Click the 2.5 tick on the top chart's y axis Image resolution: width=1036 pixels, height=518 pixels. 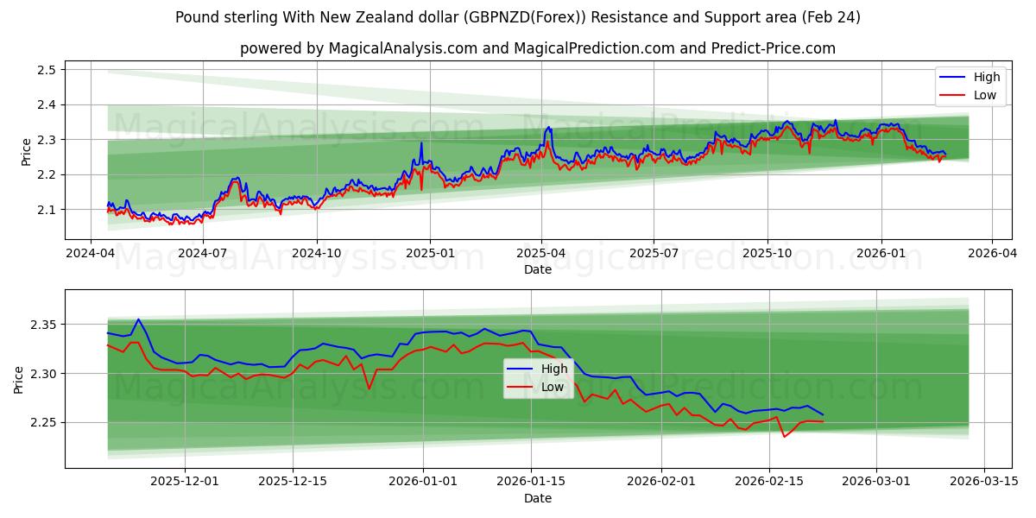tap(47, 70)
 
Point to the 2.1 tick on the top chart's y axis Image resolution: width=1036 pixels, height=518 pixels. tap(47, 210)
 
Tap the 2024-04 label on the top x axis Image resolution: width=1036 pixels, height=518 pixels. tap(92, 253)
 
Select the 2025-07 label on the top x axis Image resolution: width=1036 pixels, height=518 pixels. tap(654, 253)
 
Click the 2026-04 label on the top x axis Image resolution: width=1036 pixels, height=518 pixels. tap(991, 253)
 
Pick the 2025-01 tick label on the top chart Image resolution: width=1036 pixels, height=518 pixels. tap(429, 253)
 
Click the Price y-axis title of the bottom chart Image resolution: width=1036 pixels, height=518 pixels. tap(19, 379)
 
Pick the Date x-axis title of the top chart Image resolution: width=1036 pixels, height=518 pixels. tap(538, 269)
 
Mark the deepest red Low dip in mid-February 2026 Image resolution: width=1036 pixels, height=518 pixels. tap(784, 436)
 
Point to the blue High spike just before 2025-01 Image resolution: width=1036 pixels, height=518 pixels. tap(421, 143)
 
